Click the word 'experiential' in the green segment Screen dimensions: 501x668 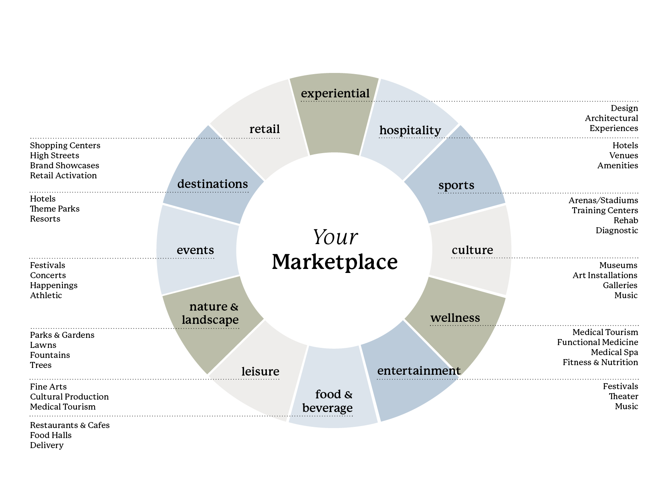[x=335, y=93]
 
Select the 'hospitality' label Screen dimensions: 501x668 [x=410, y=130]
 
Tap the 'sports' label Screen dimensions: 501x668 [x=456, y=185]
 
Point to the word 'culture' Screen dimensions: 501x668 [x=472, y=250]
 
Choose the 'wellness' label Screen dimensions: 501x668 [x=455, y=318]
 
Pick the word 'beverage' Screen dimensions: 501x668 [x=327, y=408]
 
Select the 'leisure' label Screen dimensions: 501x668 [x=260, y=372]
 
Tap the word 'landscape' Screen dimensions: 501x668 [x=210, y=320]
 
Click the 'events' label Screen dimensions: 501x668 [x=195, y=250]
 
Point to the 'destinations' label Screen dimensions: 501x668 [x=212, y=184]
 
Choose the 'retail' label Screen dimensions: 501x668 [x=264, y=129]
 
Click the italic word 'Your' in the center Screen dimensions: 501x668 [x=335, y=237]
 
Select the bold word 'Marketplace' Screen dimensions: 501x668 [x=335, y=262]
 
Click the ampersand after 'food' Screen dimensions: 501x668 [x=348, y=395]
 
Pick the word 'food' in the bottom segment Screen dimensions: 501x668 [x=328, y=394]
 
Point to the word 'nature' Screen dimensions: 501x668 [x=208, y=307]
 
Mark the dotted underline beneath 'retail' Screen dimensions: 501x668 [x=256, y=138]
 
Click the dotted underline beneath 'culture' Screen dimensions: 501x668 [x=481, y=258]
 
